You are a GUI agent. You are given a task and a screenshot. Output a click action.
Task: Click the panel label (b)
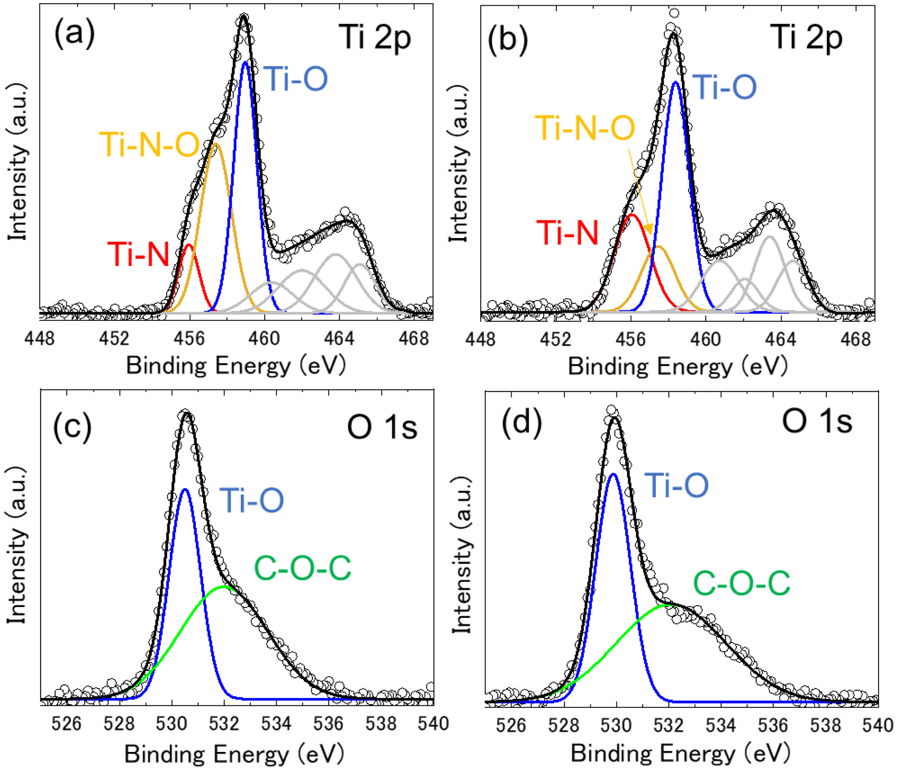pyautogui.click(x=508, y=40)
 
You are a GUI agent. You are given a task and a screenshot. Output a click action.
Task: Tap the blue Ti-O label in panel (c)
pyautogui.click(x=251, y=500)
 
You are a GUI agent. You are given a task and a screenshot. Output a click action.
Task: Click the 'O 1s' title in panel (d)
pyautogui.click(x=817, y=422)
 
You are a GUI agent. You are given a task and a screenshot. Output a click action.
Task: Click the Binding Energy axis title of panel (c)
pyautogui.click(x=234, y=754)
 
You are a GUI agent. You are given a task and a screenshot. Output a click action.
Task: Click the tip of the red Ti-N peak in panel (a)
pyautogui.click(x=188, y=244)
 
